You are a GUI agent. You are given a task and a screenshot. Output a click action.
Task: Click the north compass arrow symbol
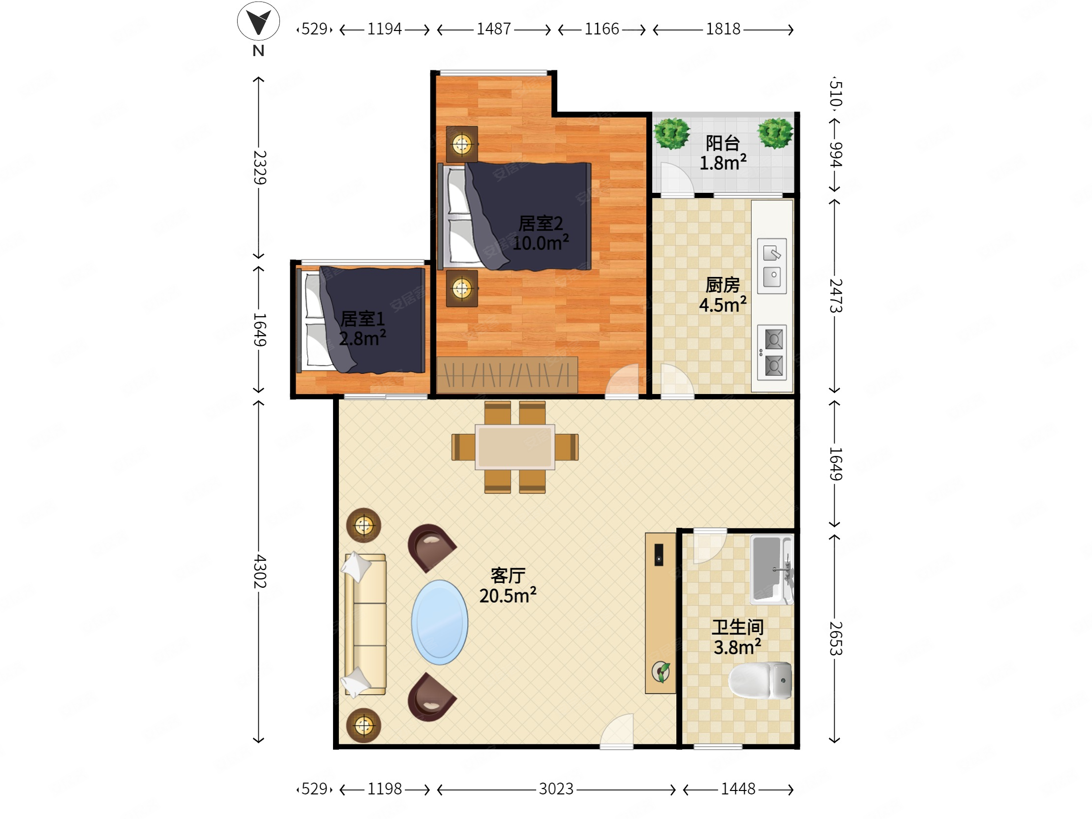click(x=258, y=22)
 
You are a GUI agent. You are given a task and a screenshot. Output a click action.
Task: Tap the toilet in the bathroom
click(x=760, y=681)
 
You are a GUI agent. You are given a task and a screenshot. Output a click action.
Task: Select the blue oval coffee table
click(x=439, y=622)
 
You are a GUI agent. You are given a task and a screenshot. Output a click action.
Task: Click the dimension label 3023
click(x=556, y=789)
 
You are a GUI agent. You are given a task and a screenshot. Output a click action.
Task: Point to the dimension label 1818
click(x=723, y=29)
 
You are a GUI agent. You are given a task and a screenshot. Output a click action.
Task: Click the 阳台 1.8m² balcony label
click(x=723, y=153)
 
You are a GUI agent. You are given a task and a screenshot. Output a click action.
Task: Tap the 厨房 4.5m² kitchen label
click(x=723, y=295)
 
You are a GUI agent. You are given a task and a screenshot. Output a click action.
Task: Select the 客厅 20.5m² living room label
click(x=508, y=586)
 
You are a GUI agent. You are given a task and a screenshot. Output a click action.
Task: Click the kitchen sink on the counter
click(x=772, y=266)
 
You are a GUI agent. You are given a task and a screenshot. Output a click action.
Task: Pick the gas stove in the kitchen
click(x=773, y=353)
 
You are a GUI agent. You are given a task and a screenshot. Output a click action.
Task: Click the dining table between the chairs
click(x=515, y=447)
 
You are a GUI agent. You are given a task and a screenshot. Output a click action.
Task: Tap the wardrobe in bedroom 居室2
click(x=507, y=375)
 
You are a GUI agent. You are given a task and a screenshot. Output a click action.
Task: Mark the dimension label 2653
click(x=835, y=638)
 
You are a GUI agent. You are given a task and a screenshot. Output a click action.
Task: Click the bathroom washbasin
click(x=771, y=569)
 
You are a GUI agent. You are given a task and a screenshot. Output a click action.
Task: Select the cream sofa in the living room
click(x=365, y=625)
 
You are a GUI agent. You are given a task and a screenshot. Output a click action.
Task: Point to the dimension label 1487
click(x=493, y=29)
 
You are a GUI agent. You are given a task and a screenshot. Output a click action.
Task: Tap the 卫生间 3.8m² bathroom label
click(x=737, y=637)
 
